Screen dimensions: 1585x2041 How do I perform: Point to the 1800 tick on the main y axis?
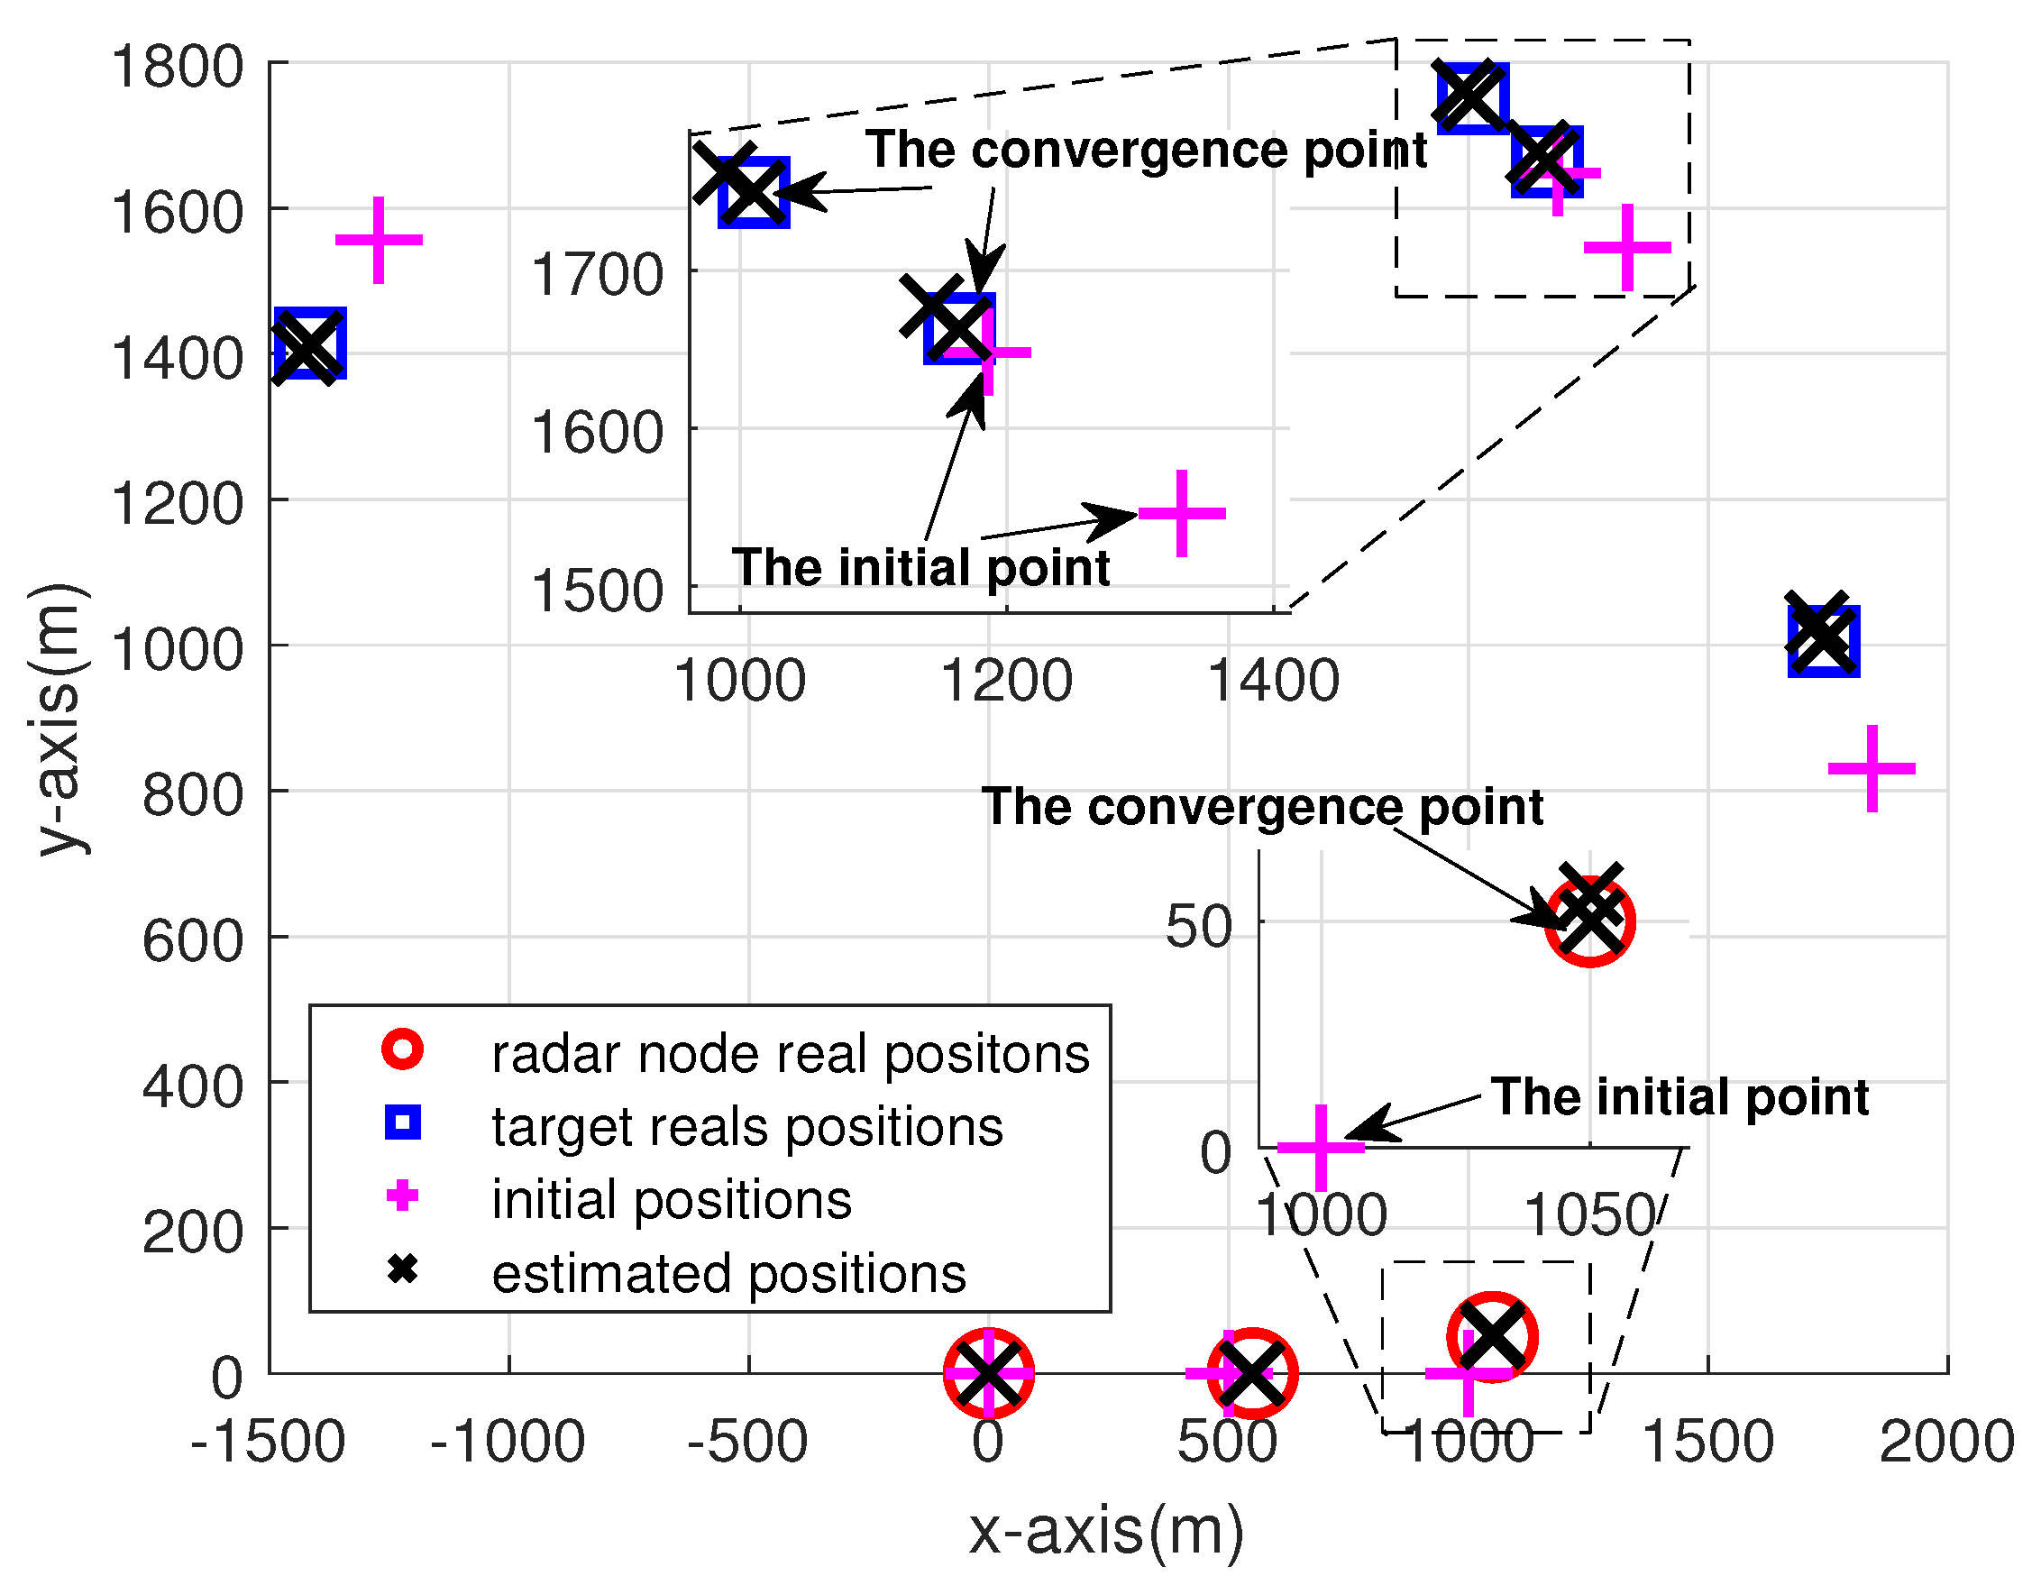point(178,68)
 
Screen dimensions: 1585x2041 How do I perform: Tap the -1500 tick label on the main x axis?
point(269,1441)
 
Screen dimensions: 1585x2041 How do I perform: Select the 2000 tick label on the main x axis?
point(1945,1441)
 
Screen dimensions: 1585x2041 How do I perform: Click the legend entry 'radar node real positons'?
point(790,1054)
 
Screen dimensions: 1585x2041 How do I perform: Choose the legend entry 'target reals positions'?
point(746,1127)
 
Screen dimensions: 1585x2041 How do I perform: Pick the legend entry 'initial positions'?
point(671,1200)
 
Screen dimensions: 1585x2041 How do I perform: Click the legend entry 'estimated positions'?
point(728,1273)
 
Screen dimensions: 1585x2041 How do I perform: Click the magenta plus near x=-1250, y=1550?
point(379,240)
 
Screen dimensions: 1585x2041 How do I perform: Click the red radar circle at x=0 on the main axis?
point(989,1373)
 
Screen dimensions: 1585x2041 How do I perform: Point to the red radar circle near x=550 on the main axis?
point(1252,1373)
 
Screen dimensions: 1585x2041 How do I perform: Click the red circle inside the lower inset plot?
point(1589,922)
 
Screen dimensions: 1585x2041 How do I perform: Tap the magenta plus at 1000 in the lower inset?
point(1321,1147)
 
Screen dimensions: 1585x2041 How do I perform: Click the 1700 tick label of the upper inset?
point(597,275)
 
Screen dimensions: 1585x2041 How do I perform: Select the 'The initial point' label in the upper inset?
point(920,567)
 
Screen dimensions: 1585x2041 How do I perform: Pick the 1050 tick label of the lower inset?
point(1589,1215)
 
